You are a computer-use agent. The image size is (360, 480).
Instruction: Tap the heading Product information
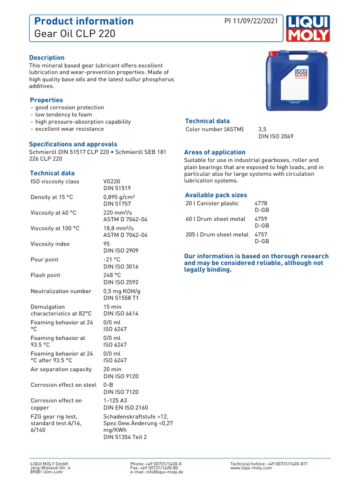tap(84, 21)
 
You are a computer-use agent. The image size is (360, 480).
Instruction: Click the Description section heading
tap(47, 58)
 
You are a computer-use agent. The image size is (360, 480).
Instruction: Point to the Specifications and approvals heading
tap(73, 144)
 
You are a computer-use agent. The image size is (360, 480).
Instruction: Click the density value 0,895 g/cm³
tap(119, 197)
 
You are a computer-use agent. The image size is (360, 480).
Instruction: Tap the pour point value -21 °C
tap(112, 260)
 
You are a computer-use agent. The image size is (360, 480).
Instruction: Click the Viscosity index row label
tap(50, 244)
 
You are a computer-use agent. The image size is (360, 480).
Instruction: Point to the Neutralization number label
tap(61, 291)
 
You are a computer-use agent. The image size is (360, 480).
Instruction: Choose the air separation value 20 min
tap(112, 369)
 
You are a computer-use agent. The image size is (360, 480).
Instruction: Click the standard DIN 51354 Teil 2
tap(125, 437)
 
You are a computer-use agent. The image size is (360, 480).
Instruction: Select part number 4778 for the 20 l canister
tap(261, 203)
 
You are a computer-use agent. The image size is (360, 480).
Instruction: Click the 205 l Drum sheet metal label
tap(217, 234)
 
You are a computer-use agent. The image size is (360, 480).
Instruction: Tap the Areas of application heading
tap(215, 152)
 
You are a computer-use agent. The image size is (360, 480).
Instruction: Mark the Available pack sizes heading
tap(216, 195)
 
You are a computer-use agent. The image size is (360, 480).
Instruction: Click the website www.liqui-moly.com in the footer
tap(251, 468)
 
